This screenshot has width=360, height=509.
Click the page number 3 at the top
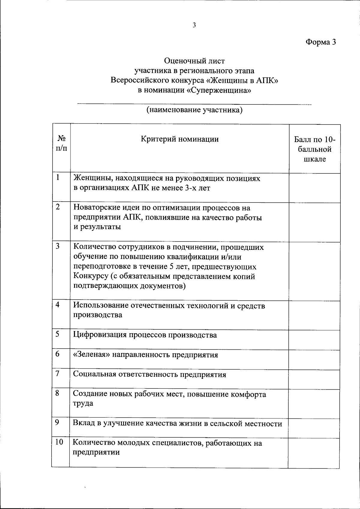click(x=194, y=25)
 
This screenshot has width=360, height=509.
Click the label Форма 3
click(x=320, y=42)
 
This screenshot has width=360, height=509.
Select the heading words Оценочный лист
click(x=194, y=61)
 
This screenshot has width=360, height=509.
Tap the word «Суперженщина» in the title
click(x=219, y=90)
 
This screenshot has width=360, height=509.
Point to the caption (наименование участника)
click(x=194, y=110)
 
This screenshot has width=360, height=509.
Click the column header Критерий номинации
click(x=179, y=139)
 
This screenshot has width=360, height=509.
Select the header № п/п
click(x=61, y=143)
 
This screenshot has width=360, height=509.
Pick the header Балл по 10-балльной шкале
click(x=314, y=149)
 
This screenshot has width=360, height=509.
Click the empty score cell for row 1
click(x=314, y=188)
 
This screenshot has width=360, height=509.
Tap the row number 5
click(x=57, y=334)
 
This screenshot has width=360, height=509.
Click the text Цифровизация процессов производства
click(x=145, y=335)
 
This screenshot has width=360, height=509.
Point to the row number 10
click(x=59, y=442)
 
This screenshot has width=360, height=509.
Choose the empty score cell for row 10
click(x=314, y=453)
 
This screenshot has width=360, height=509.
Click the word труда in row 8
click(x=83, y=403)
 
